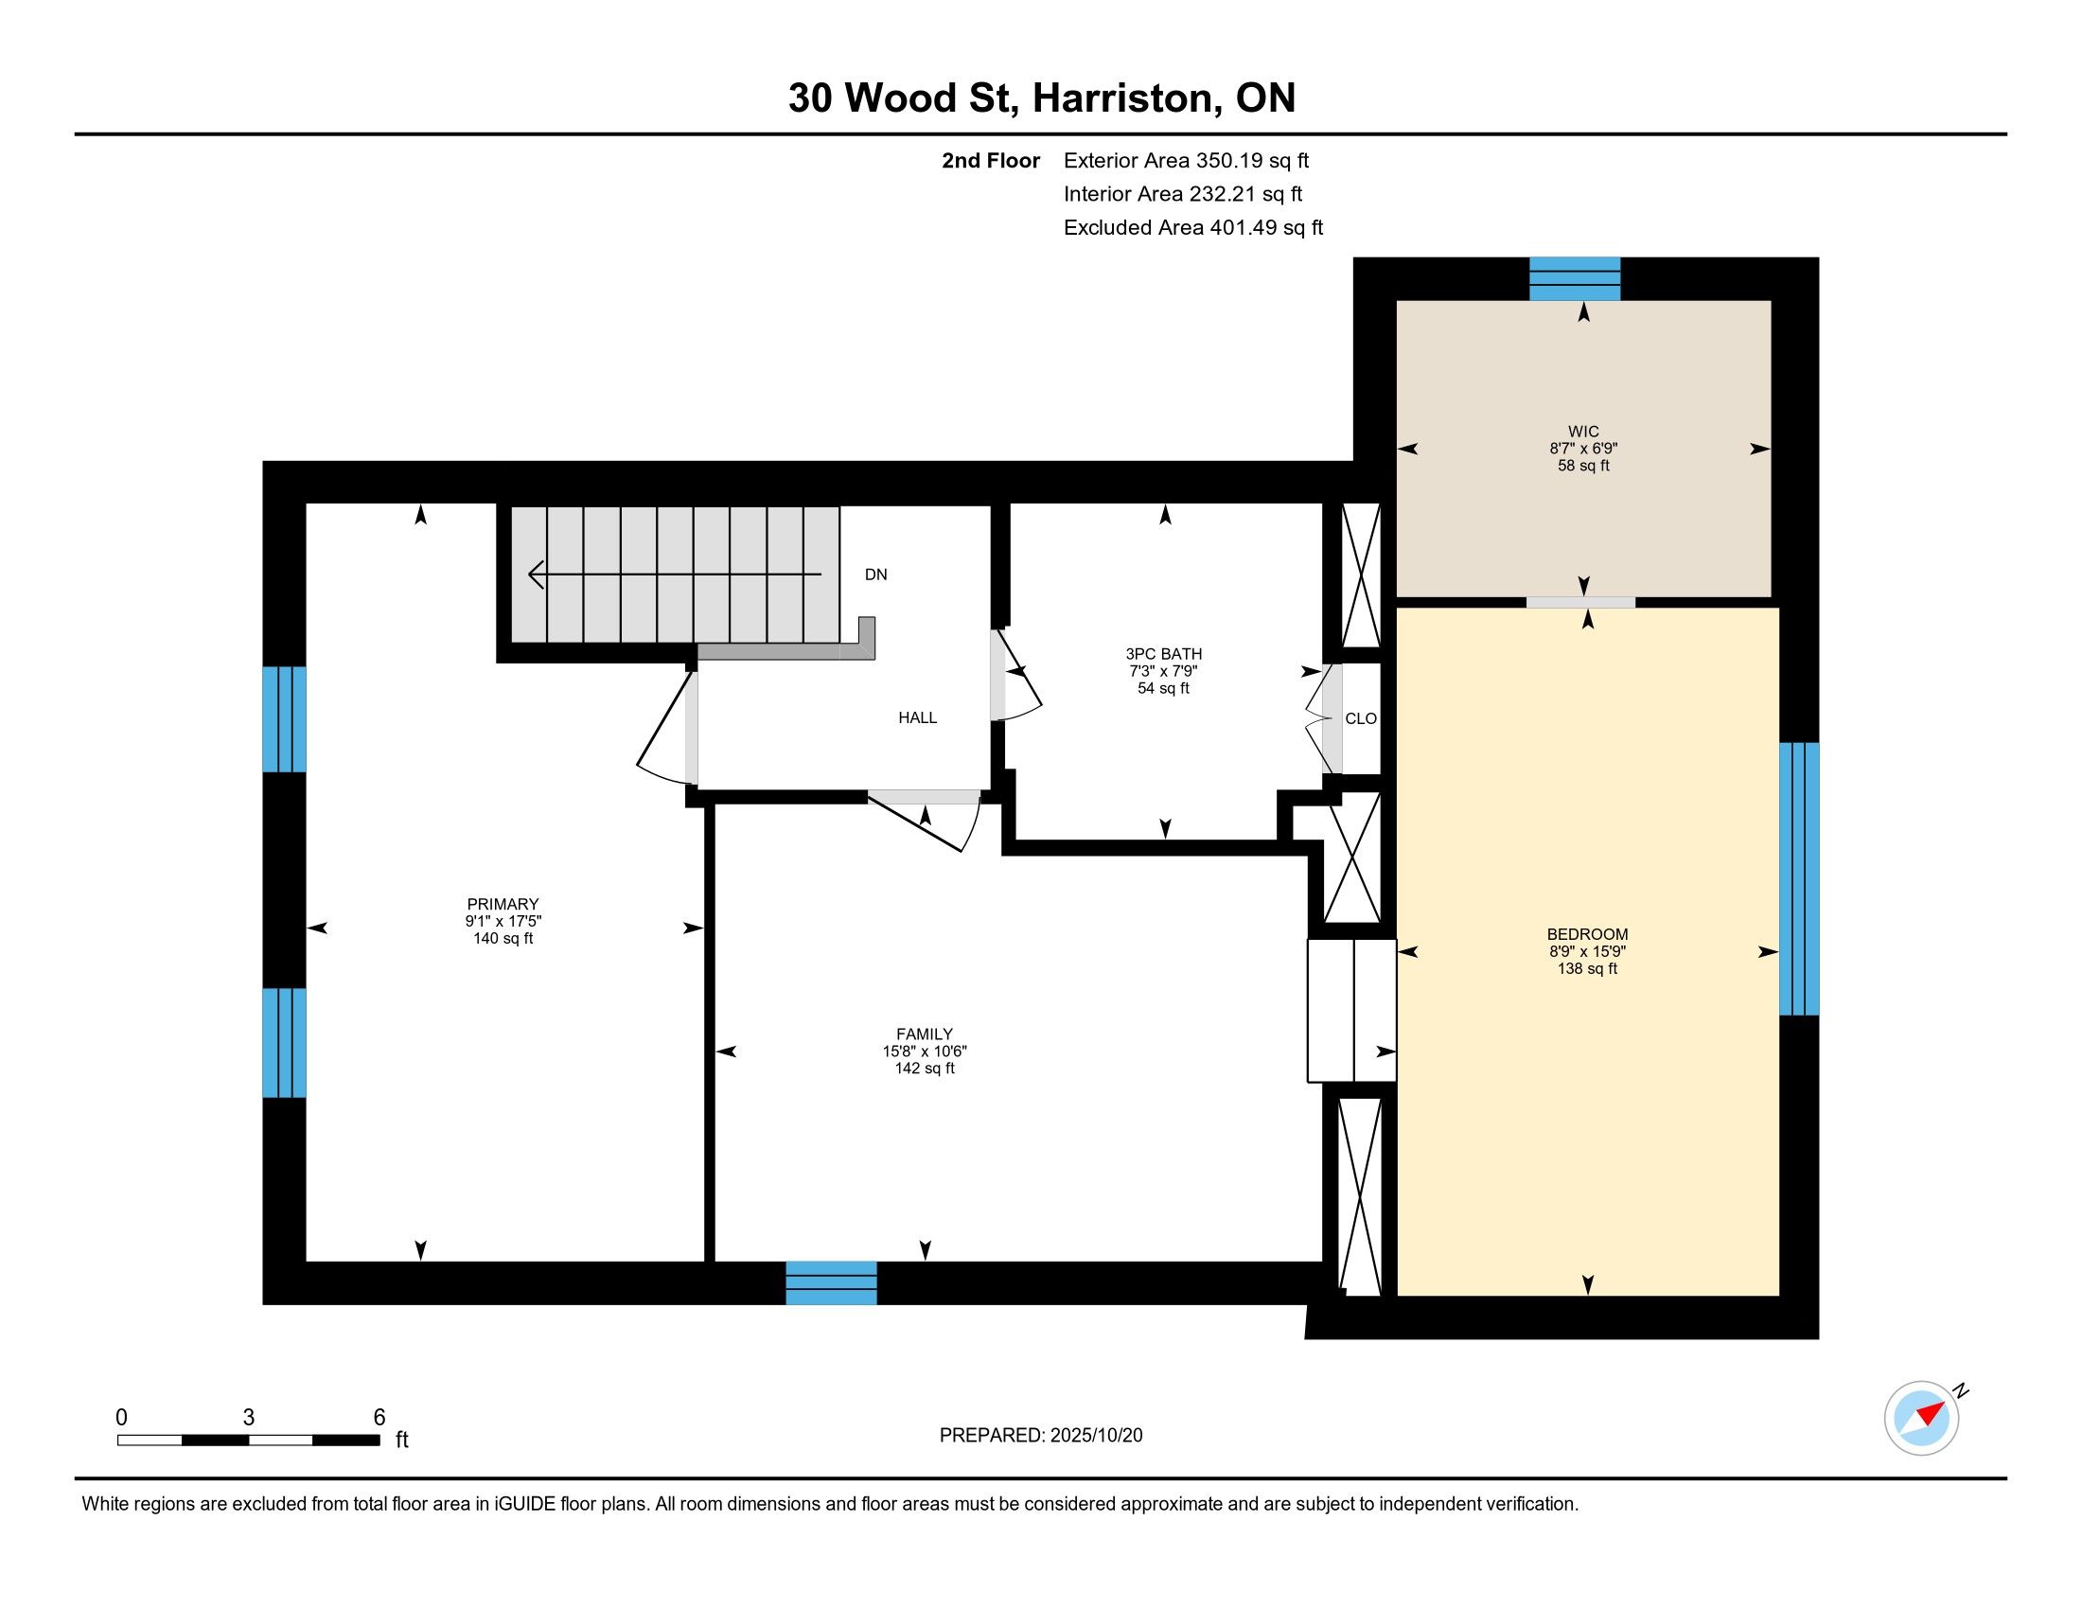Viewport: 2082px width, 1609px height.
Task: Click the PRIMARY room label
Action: [x=503, y=904]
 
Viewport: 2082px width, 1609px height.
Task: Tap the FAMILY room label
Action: [x=924, y=1034]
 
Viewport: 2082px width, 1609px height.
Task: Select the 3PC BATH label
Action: [x=1163, y=654]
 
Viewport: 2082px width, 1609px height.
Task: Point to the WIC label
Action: [x=1583, y=431]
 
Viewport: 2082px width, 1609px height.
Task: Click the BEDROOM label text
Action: [x=1587, y=934]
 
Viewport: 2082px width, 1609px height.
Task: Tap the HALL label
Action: [x=917, y=717]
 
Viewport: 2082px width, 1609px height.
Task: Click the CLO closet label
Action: [x=1360, y=718]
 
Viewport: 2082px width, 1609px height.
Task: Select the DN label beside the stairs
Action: [x=875, y=575]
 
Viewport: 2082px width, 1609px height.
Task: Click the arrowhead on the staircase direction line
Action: [x=536, y=575]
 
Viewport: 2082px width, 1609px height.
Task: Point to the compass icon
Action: [x=1923, y=1418]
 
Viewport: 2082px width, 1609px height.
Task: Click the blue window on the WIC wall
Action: [x=1575, y=279]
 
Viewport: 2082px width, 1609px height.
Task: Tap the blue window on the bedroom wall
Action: [x=1799, y=879]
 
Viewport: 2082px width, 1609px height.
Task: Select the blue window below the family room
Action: [x=831, y=1283]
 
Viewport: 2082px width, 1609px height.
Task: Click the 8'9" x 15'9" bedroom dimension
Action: [x=1587, y=951]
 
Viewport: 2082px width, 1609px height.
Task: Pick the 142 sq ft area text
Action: [x=924, y=1069]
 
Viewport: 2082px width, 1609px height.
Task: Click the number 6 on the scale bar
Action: [x=379, y=1418]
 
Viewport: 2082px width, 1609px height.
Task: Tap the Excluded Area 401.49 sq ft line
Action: [x=1192, y=228]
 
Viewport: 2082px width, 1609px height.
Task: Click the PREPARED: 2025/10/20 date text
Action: [x=1041, y=1436]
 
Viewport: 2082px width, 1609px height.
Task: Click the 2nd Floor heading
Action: [x=991, y=161]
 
